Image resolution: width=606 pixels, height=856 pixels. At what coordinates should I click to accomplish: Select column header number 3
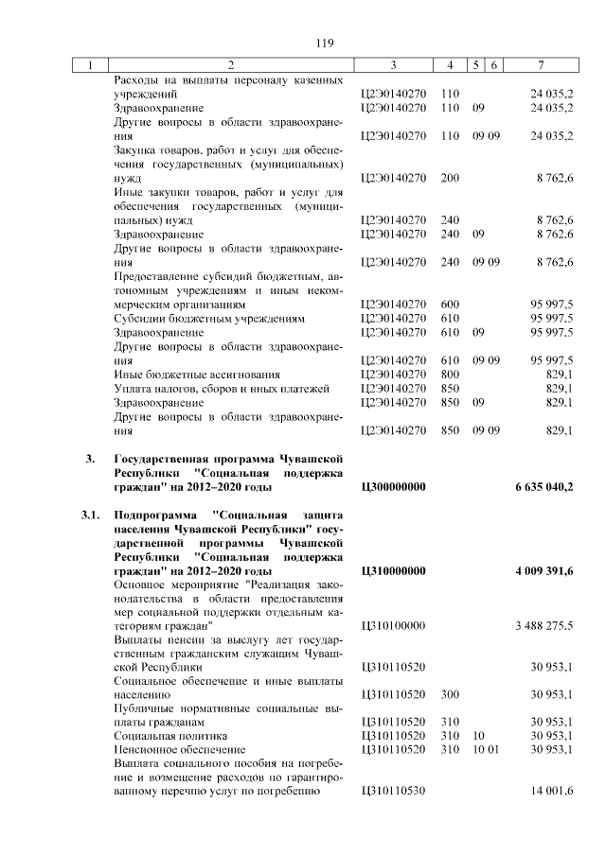point(393,65)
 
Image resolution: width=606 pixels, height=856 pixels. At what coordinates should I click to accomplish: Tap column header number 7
point(540,65)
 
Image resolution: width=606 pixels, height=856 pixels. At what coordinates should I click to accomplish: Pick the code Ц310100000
point(393,626)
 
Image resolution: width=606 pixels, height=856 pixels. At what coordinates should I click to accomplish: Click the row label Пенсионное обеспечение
point(167,749)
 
